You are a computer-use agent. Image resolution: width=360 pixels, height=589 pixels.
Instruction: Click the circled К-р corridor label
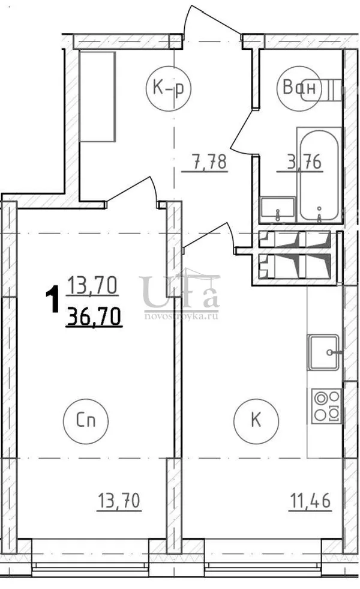click(169, 88)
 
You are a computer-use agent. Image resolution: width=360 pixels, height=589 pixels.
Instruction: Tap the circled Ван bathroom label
click(299, 88)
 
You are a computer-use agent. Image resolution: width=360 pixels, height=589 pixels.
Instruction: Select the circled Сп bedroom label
click(86, 420)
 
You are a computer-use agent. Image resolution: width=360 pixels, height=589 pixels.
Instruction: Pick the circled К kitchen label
click(256, 420)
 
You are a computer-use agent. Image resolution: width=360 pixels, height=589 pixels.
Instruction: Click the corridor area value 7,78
click(205, 163)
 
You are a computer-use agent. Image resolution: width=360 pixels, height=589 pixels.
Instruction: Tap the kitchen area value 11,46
click(310, 501)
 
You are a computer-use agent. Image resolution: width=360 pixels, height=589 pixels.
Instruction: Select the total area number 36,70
click(94, 316)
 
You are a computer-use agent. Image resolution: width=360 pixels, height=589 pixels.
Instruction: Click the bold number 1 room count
click(53, 298)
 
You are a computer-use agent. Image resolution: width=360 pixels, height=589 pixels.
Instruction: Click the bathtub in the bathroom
click(319, 176)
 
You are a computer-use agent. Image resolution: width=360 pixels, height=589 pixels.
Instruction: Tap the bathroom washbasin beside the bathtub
click(278, 209)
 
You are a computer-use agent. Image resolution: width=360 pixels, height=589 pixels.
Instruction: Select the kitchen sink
click(323, 352)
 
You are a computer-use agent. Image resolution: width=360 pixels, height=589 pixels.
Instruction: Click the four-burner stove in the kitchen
click(326, 406)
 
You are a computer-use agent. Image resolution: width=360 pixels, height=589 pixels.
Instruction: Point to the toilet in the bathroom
click(322, 90)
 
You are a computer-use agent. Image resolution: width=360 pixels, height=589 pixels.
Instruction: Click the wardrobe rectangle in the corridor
click(97, 97)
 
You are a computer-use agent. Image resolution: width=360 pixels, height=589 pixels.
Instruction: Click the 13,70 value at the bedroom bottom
click(119, 501)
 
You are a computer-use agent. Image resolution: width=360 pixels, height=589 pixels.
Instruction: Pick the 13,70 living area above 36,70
click(92, 285)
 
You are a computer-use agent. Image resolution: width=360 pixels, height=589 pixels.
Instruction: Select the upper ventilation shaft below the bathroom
click(295, 240)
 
